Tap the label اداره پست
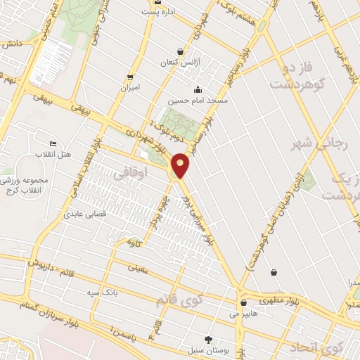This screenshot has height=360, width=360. click(158, 12)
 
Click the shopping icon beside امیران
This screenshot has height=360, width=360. click(130, 77)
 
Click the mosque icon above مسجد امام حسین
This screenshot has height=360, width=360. click(198, 89)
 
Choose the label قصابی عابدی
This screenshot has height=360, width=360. click(84, 213)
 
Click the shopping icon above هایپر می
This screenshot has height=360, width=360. click(243, 304)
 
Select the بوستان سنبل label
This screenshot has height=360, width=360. click(204, 349)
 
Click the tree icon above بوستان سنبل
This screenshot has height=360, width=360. click(207, 339)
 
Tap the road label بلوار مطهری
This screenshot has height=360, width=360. click(265, 299)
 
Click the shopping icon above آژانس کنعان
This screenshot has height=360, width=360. click(181, 52)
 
